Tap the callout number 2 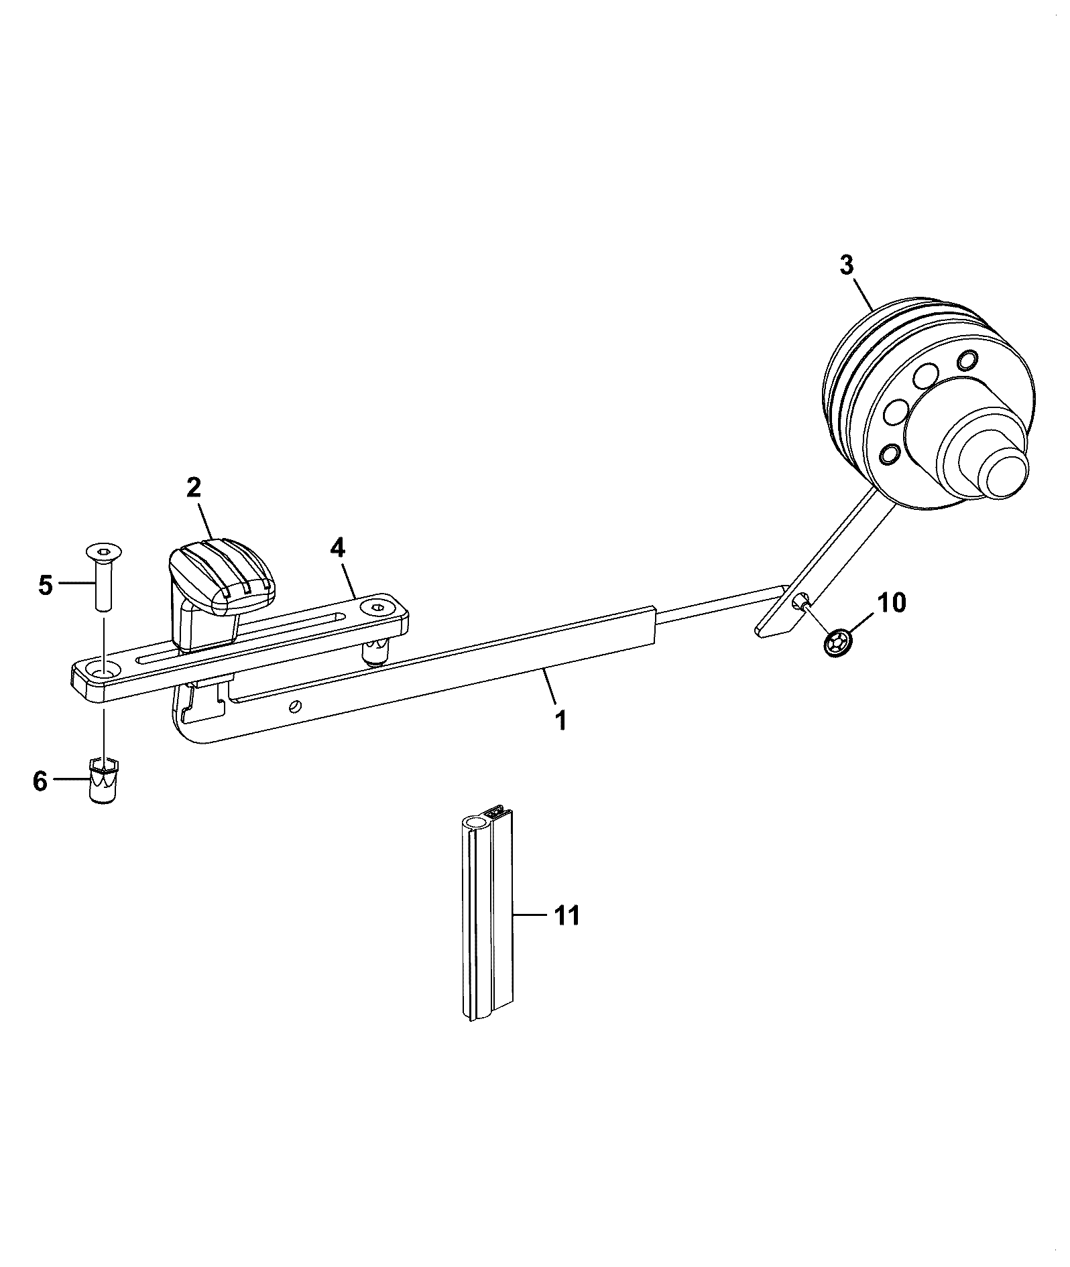(193, 487)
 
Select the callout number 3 (846, 265)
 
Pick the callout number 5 (46, 585)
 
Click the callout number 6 (41, 781)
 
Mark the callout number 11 (567, 915)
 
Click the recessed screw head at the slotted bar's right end (376, 608)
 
